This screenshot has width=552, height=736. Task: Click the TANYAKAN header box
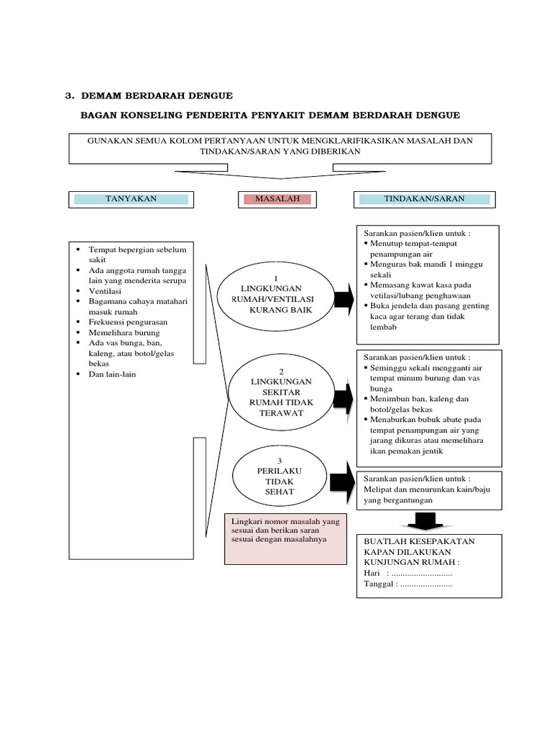(x=131, y=199)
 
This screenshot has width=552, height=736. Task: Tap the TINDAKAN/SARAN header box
(x=423, y=199)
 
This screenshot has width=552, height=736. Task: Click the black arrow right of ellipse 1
(x=344, y=299)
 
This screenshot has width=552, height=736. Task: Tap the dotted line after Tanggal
(x=426, y=584)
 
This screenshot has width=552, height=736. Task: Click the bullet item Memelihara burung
(x=124, y=333)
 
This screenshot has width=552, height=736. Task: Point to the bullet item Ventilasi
(x=106, y=291)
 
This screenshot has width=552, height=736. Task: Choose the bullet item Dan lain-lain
(x=112, y=374)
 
